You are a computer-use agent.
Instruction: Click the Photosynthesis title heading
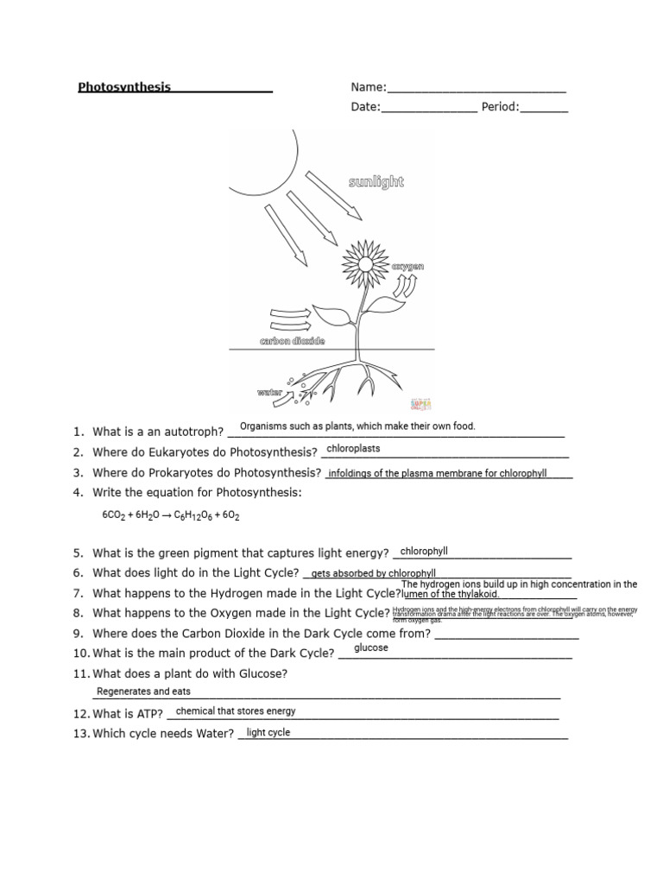pos(124,87)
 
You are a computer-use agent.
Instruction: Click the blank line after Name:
pos(477,89)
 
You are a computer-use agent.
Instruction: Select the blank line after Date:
pos(428,109)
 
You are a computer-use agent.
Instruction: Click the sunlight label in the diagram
pos(376,182)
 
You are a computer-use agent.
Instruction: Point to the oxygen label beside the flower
pos(408,268)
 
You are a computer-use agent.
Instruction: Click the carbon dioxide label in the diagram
pos(293,342)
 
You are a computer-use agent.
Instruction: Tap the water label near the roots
pos(269,393)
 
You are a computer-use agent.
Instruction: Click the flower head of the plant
pos(363,259)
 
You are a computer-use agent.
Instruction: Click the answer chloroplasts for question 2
pos(353,449)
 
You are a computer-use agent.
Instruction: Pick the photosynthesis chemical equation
pos(170,515)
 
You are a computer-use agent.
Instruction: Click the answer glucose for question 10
pos(371,647)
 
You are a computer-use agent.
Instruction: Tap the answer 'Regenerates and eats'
pos(143,691)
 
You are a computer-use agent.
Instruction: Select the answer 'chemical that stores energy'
pos(236,711)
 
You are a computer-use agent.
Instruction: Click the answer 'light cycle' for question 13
pos(268,733)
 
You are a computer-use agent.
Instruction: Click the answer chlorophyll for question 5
pos(424,552)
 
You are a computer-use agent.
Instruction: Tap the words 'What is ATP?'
pos(128,714)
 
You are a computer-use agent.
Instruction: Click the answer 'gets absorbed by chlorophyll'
pos(373,573)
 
